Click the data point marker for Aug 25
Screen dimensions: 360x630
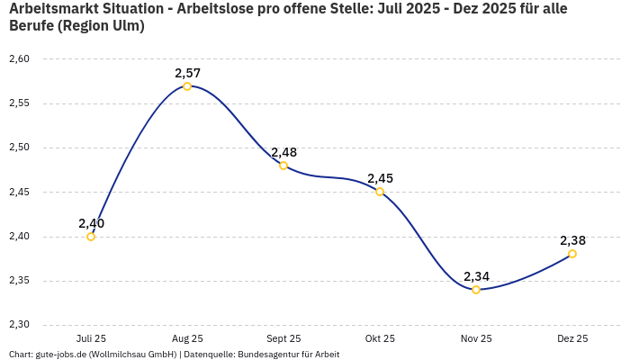[187, 86]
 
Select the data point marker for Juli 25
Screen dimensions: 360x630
[91, 237]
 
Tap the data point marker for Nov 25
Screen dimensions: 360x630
[476, 290]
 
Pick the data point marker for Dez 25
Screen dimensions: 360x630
[572, 254]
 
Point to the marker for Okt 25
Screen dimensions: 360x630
[380, 192]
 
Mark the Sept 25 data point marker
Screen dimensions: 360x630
[283, 166]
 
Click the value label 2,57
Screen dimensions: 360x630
[187, 73]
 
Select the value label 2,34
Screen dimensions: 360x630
[476, 276]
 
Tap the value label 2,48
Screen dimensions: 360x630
[283, 152]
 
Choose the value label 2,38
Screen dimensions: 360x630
[572, 240]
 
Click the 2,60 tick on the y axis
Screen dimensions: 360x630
[19, 59]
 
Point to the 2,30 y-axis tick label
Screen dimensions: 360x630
[19, 325]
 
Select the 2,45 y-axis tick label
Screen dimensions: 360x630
[19, 192]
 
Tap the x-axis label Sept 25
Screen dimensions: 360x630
[283, 338]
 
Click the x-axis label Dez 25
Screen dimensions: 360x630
[572, 338]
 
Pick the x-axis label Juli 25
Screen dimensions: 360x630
[91, 338]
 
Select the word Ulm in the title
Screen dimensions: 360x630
[125, 26]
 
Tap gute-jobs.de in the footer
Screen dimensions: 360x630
[60, 355]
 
